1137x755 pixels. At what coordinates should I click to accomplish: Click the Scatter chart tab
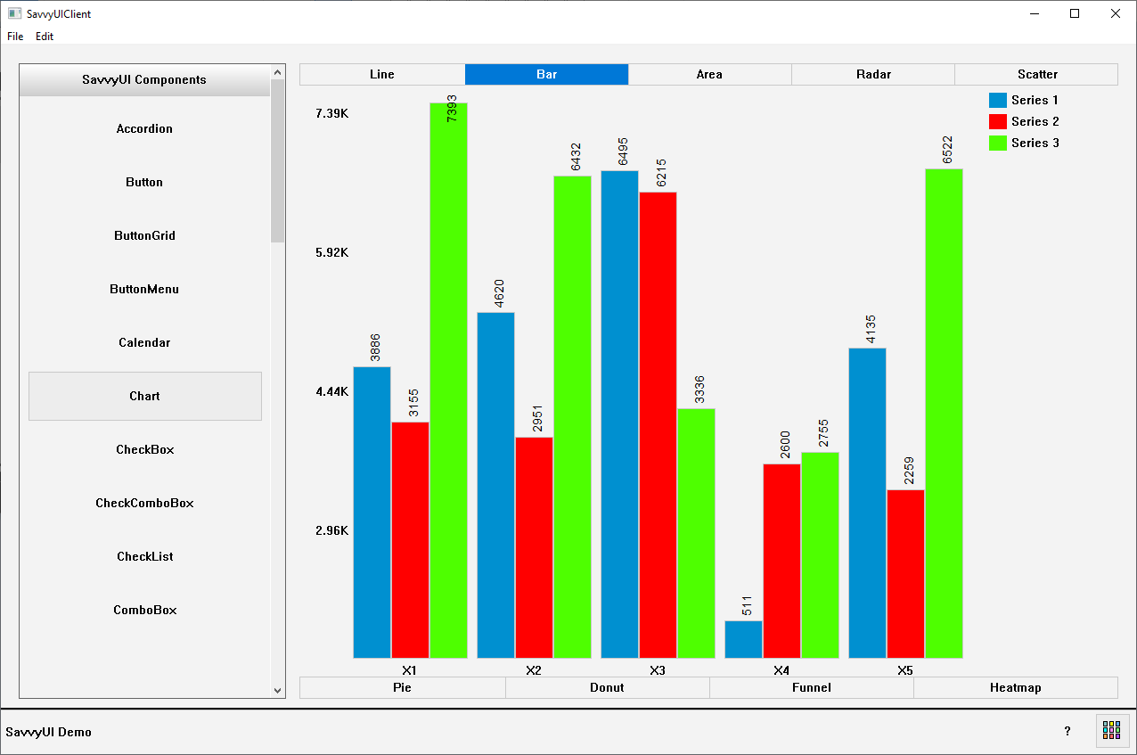(1036, 75)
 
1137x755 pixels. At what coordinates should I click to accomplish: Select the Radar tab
(873, 75)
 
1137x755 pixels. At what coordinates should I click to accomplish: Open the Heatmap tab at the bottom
(1015, 688)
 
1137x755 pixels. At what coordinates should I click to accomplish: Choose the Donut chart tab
(607, 688)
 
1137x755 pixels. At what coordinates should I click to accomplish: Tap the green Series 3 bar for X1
(448, 383)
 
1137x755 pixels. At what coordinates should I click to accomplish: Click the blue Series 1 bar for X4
(744, 639)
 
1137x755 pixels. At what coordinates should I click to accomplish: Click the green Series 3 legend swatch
(998, 143)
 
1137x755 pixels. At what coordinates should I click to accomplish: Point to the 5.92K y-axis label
(332, 252)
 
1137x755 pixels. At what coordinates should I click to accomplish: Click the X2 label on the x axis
(534, 670)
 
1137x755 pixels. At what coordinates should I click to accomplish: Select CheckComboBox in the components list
(144, 503)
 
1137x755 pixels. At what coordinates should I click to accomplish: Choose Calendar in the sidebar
(144, 342)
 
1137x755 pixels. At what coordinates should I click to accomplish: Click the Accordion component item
(144, 128)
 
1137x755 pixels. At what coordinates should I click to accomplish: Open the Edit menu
(45, 37)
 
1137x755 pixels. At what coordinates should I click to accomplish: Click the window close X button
(1115, 13)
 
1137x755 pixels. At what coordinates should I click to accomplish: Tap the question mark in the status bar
(1067, 731)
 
